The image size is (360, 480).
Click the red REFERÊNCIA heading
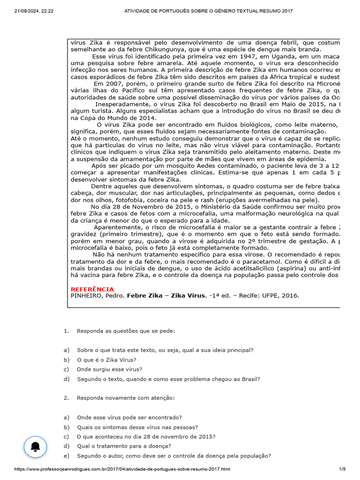[92, 289]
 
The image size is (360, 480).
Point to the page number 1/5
[342, 469]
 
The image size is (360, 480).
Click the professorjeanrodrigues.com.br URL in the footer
[122, 469]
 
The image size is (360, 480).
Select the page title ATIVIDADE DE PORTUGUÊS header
[208, 11]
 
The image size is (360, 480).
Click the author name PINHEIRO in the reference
[85, 296]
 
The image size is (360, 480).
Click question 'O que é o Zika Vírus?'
[107, 360]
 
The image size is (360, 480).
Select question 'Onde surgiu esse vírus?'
[110, 369]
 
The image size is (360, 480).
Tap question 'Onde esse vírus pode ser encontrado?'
[129, 417]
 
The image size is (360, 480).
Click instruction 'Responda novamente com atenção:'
[126, 397]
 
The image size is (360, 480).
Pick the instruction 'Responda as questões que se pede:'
[126, 331]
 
